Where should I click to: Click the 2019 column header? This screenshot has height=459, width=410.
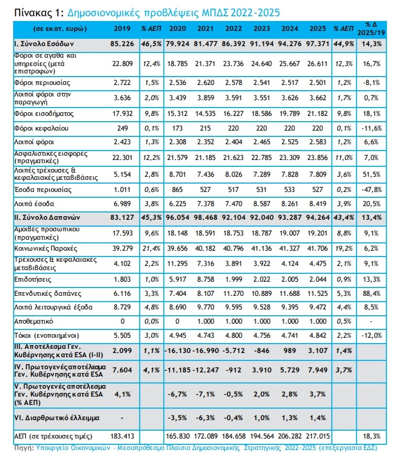pos(121,28)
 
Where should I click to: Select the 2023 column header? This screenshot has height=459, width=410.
pos(262,28)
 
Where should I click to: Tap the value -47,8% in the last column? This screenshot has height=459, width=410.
pos(372,189)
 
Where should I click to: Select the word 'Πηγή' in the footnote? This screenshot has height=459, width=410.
pos(24,449)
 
